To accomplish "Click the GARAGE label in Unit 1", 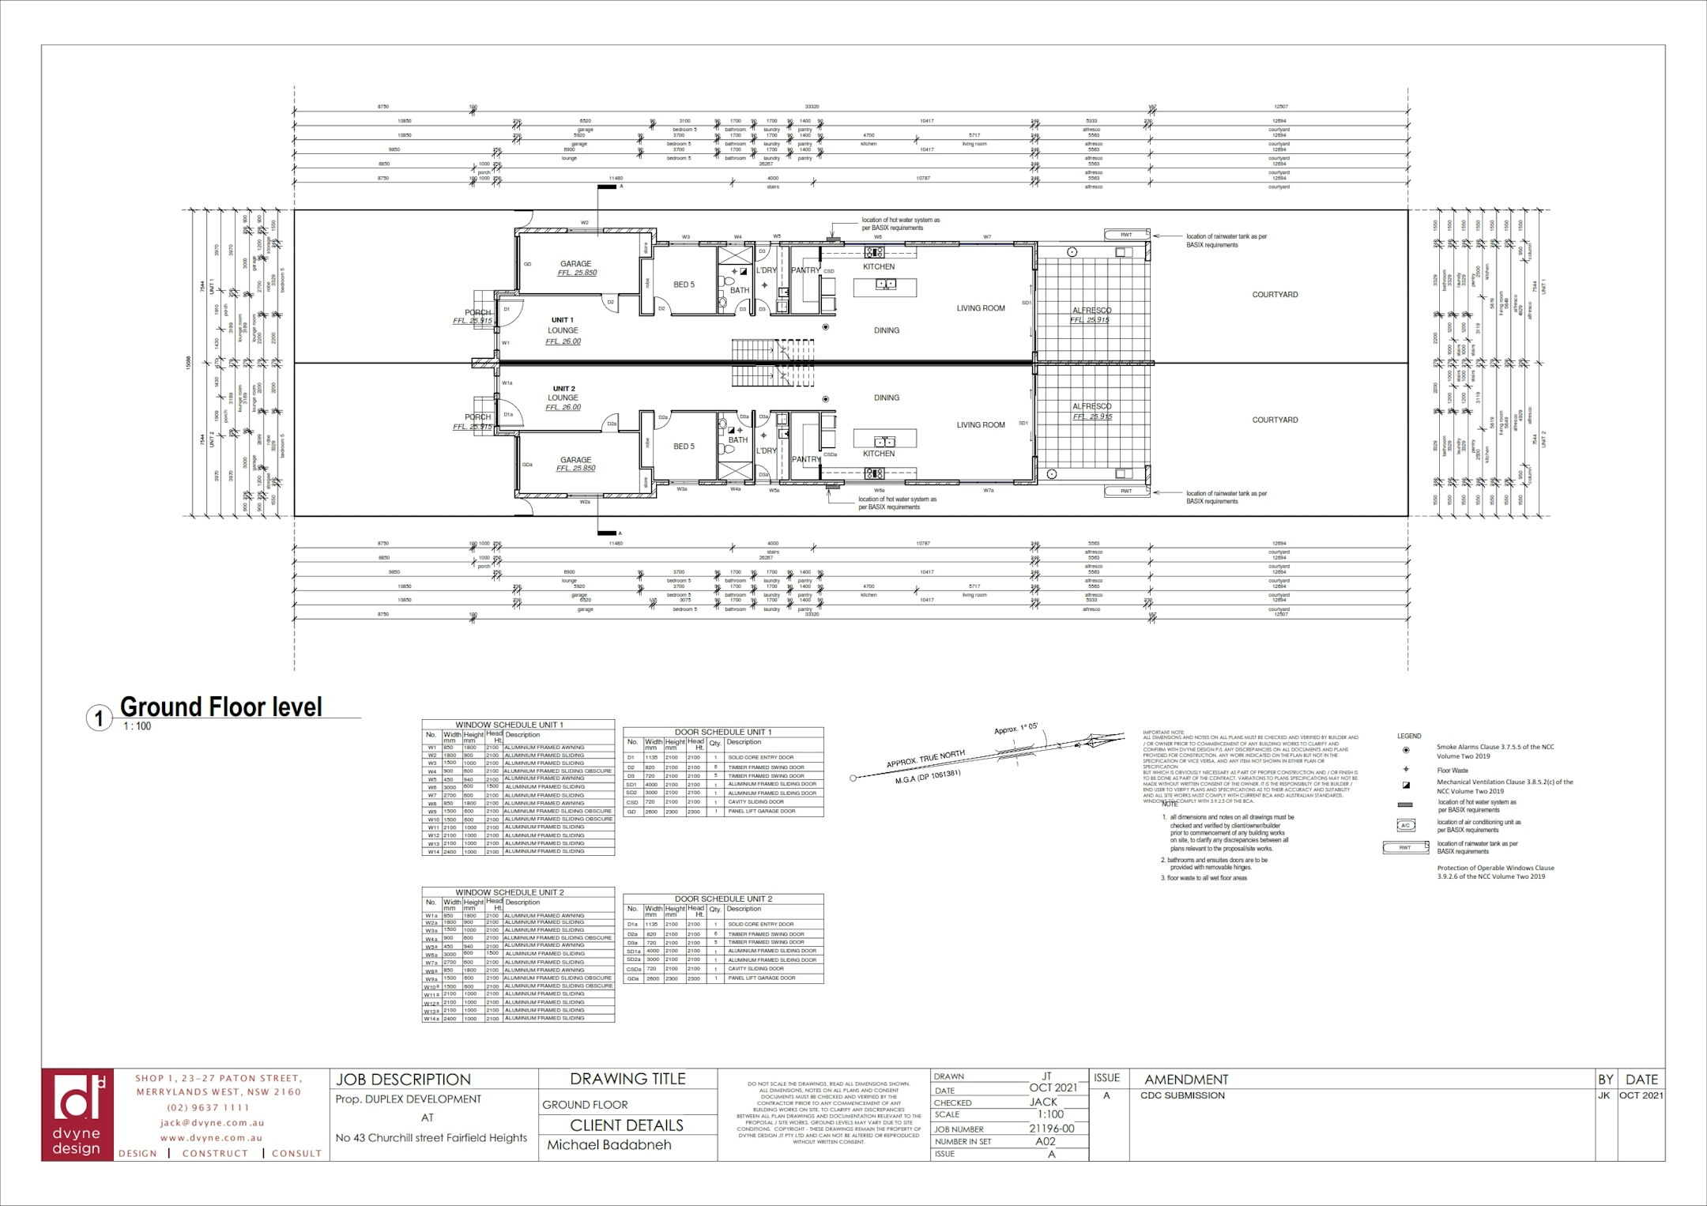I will [575, 264].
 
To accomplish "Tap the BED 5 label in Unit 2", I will [684, 447].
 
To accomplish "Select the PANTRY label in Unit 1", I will [805, 270].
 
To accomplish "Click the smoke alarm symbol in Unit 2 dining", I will [825, 399].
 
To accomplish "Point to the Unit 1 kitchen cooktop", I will [875, 253].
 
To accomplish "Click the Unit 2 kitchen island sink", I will [884, 440].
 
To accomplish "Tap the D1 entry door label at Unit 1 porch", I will [507, 309].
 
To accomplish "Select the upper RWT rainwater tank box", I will [1127, 235].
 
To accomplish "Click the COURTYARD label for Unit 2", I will [1275, 420].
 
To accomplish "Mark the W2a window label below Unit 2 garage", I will [585, 502].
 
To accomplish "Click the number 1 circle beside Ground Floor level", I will [99, 719].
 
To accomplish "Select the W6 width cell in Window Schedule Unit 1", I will [451, 786].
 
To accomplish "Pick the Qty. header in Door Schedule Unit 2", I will [714, 909].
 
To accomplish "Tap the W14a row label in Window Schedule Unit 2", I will [431, 1019].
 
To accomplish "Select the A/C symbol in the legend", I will [1405, 826].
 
